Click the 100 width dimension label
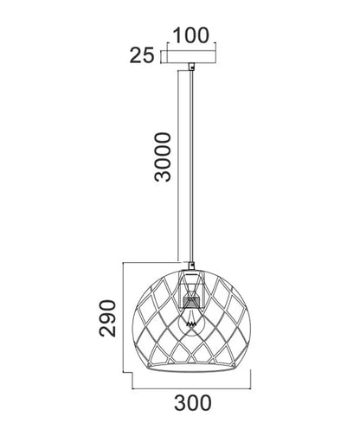(x=190, y=35)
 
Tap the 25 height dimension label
(x=142, y=55)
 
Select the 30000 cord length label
(x=163, y=157)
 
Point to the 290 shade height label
(x=107, y=318)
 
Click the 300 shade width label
(x=193, y=403)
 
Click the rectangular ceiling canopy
(x=191, y=57)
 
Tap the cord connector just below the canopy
(x=191, y=67)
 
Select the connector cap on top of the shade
(x=190, y=266)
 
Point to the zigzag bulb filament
(x=190, y=324)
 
